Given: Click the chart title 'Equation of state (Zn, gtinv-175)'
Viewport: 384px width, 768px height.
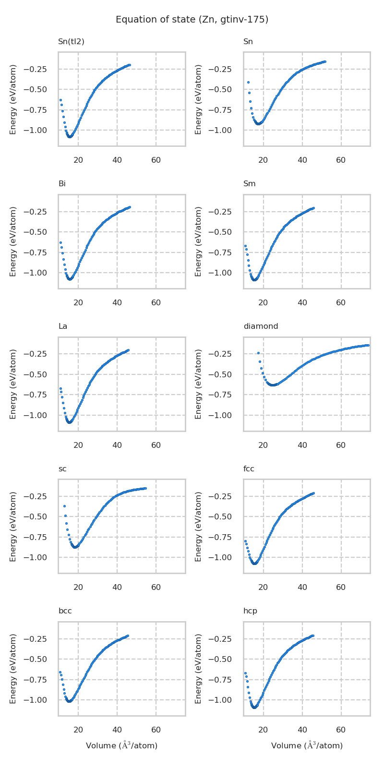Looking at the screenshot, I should pyautogui.click(x=192, y=20).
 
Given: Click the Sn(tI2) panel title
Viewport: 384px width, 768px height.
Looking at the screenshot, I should pyautogui.click(x=71, y=42).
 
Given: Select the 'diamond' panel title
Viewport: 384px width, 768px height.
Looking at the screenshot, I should pyautogui.click(x=261, y=326).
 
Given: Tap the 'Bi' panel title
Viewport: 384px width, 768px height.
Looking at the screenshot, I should pyautogui.click(x=62, y=184).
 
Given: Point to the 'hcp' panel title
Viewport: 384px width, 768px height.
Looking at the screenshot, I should pyautogui.click(x=250, y=611).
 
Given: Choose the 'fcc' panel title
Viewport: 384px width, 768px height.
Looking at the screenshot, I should pyautogui.click(x=249, y=469).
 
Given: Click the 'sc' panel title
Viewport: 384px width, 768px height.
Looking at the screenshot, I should pyautogui.click(x=62, y=469).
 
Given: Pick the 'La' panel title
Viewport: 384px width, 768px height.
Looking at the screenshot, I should pyautogui.click(x=63, y=326).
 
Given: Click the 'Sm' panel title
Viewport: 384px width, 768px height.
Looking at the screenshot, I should pyautogui.click(x=249, y=184).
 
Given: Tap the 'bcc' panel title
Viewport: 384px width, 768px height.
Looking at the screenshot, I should pyautogui.click(x=65, y=611).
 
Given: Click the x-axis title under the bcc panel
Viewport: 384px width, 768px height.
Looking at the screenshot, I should pyautogui.click(x=121, y=745).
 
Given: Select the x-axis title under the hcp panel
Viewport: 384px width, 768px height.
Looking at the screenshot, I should pyautogui.click(x=307, y=745).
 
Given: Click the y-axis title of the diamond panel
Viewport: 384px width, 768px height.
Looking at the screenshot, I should pyautogui.click(x=199, y=384).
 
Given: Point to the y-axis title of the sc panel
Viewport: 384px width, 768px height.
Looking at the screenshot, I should pyautogui.click(x=13, y=526).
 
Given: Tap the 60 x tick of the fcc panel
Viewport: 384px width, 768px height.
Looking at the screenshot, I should pyautogui.click(x=341, y=587).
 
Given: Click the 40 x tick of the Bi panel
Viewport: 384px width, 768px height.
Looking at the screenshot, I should pyautogui.click(x=117, y=302).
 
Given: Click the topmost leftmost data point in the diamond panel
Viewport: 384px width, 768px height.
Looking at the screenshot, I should pyautogui.click(x=258, y=353).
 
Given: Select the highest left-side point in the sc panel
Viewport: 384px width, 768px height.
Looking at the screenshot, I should pyautogui.click(x=64, y=506).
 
